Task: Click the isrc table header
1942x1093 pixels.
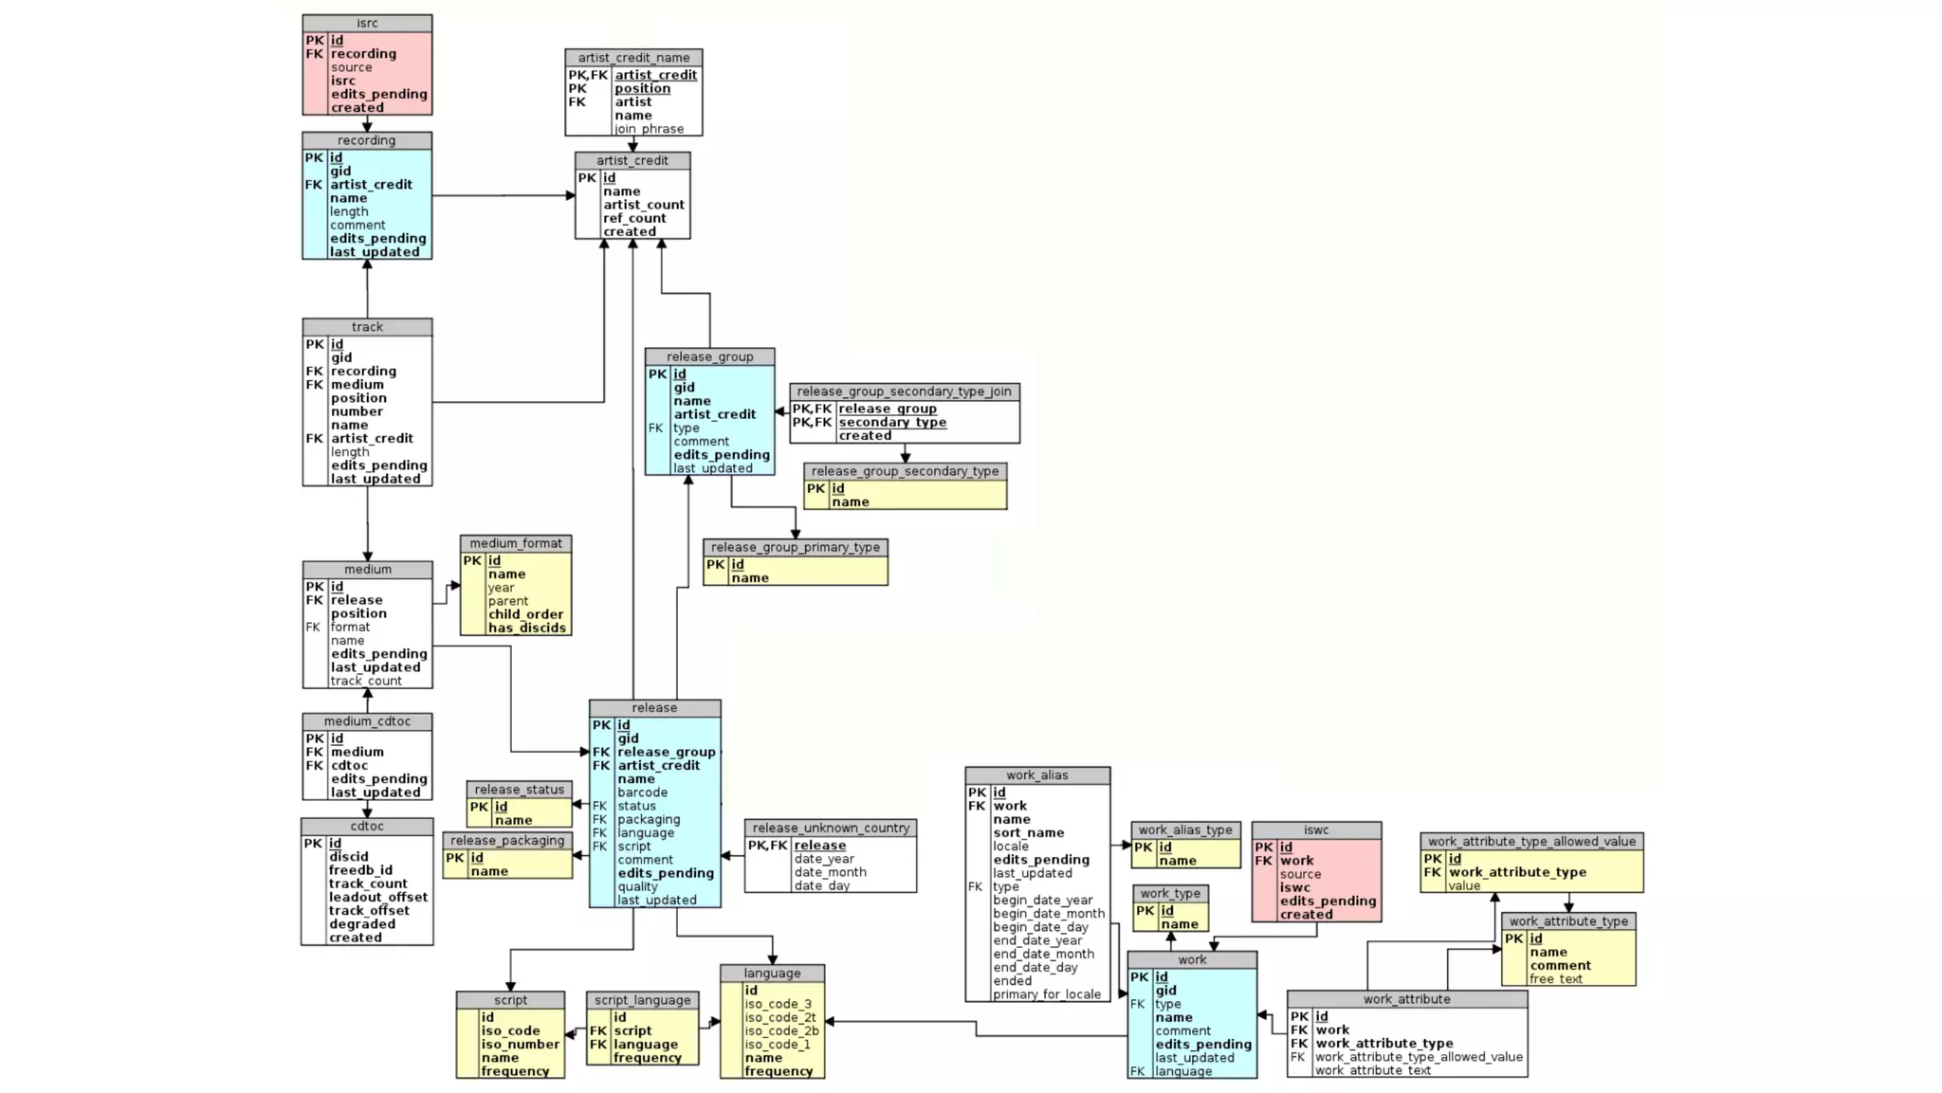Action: click(x=367, y=23)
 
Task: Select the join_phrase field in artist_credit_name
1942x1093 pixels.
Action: click(x=649, y=129)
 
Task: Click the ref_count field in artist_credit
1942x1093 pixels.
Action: click(x=634, y=218)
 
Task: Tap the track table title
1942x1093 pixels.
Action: click(x=367, y=327)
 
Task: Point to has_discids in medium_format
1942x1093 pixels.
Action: click(x=526, y=628)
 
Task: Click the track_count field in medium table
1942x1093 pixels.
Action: click(x=366, y=681)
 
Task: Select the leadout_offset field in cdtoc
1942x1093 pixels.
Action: click(x=377, y=897)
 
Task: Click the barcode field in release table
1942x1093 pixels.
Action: click(x=642, y=792)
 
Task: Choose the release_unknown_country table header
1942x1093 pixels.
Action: click(x=831, y=828)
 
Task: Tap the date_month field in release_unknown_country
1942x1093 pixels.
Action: click(x=830, y=872)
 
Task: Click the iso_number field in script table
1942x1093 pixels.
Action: click(x=520, y=1045)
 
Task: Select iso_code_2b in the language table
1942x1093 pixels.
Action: click(x=780, y=1030)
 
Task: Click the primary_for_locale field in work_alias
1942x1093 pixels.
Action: click(x=1047, y=994)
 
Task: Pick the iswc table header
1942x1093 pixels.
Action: click(x=1315, y=829)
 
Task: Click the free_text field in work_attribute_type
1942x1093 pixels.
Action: click(x=1555, y=979)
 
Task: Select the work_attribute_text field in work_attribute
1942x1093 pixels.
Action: click(x=1372, y=1070)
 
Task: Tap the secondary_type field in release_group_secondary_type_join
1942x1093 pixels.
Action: click(x=891, y=423)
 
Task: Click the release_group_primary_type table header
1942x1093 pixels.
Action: click(x=795, y=547)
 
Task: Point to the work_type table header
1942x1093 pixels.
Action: click(x=1170, y=893)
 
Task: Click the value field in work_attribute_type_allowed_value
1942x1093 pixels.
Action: click(x=1463, y=885)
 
